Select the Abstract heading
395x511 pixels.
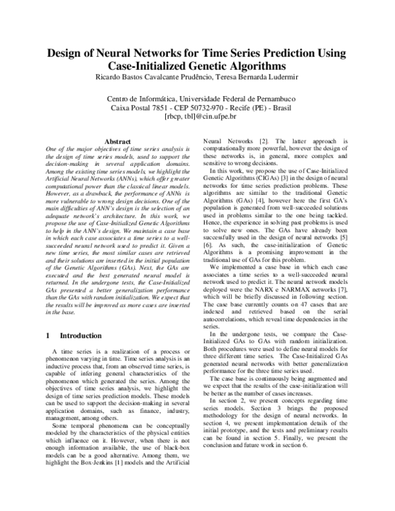pos(118,142)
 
